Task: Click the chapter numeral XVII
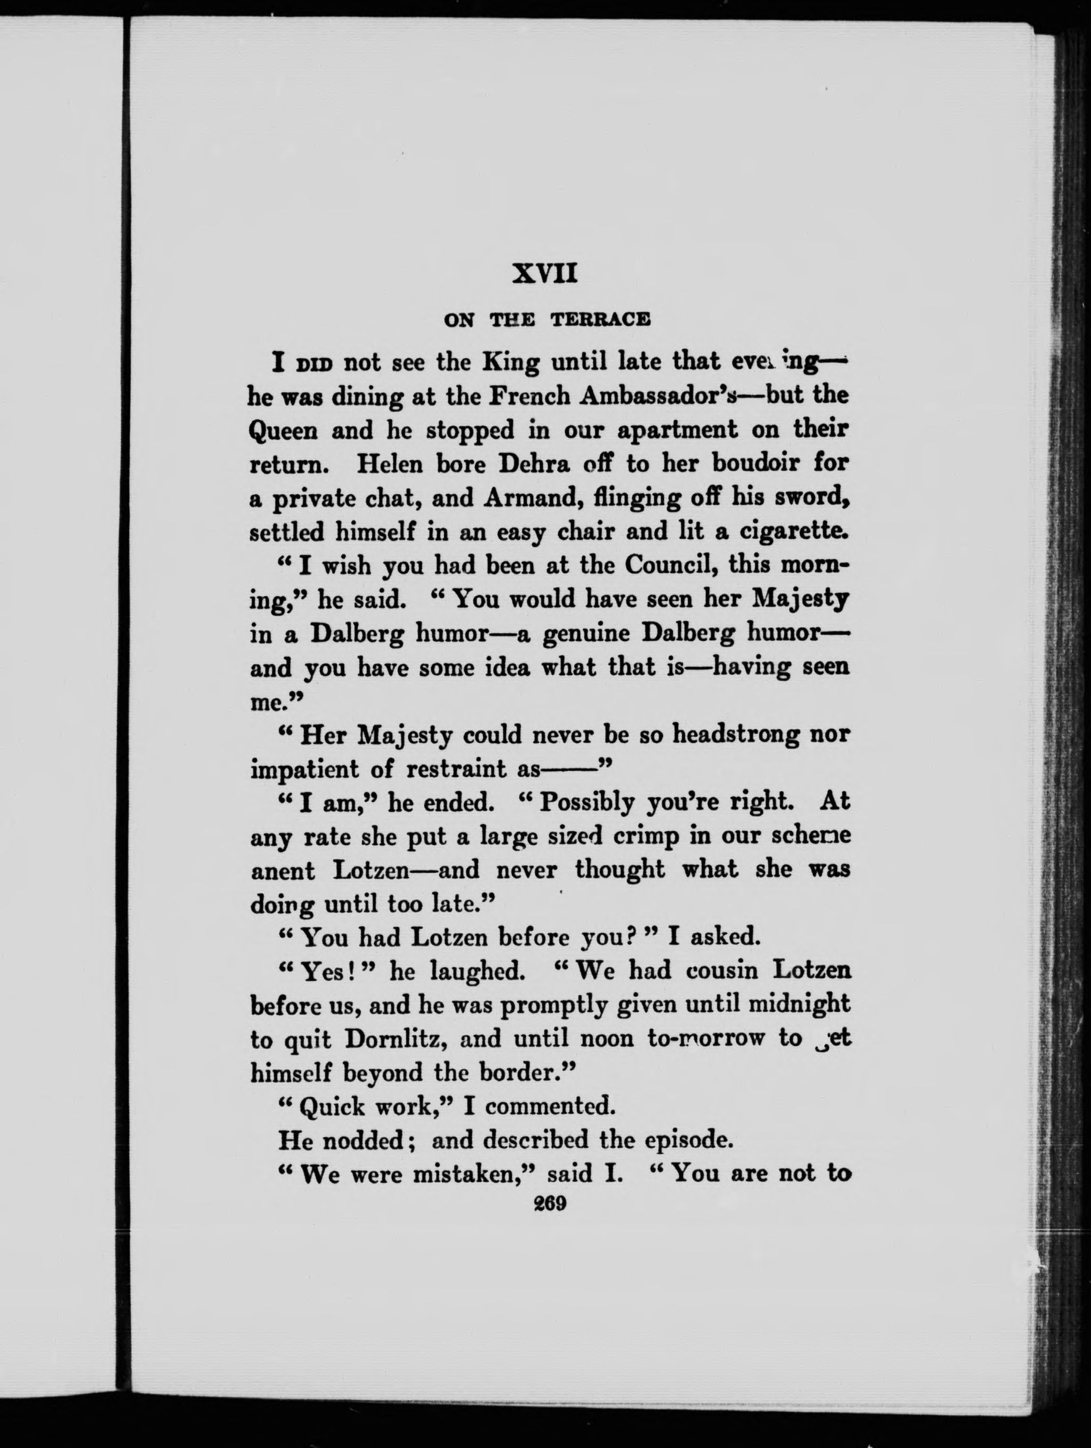[545, 273]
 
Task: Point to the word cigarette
[793, 532]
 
